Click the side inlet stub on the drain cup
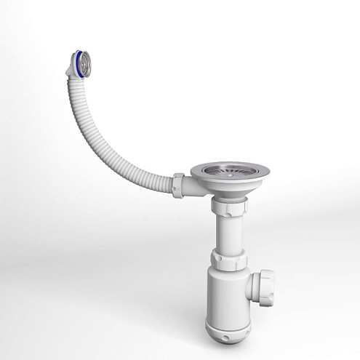[x=191, y=188]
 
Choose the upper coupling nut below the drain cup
[x=228, y=207]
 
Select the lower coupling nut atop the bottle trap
[x=228, y=260]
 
